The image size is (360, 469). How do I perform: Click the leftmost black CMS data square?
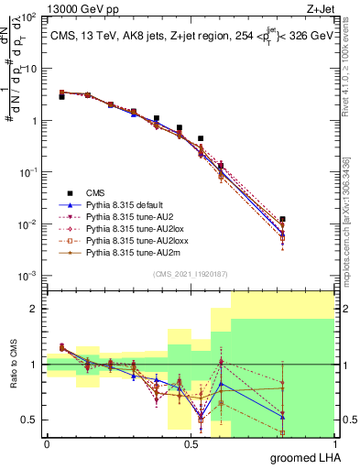click(61, 96)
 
